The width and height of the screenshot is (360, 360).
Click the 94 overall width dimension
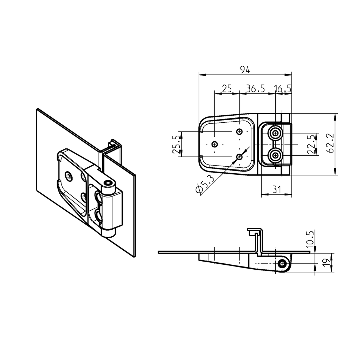point(245,70)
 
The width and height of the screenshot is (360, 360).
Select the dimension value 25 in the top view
point(227,89)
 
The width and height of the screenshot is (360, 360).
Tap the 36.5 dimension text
point(256,89)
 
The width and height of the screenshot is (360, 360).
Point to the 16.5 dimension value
point(283,89)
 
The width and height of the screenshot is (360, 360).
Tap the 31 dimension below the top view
point(277,190)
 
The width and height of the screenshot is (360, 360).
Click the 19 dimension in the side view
point(326,262)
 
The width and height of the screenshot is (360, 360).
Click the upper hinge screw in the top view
point(275,133)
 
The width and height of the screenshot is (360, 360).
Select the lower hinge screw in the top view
point(275,155)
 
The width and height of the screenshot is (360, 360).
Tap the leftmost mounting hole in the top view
point(215,144)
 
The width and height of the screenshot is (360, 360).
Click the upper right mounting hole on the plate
point(239,131)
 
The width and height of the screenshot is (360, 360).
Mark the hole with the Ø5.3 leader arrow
point(239,157)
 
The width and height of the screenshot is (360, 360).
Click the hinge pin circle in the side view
point(282,264)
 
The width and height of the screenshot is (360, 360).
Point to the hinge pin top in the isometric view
point(109,183)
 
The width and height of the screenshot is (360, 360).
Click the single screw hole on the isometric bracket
point(69,176)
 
